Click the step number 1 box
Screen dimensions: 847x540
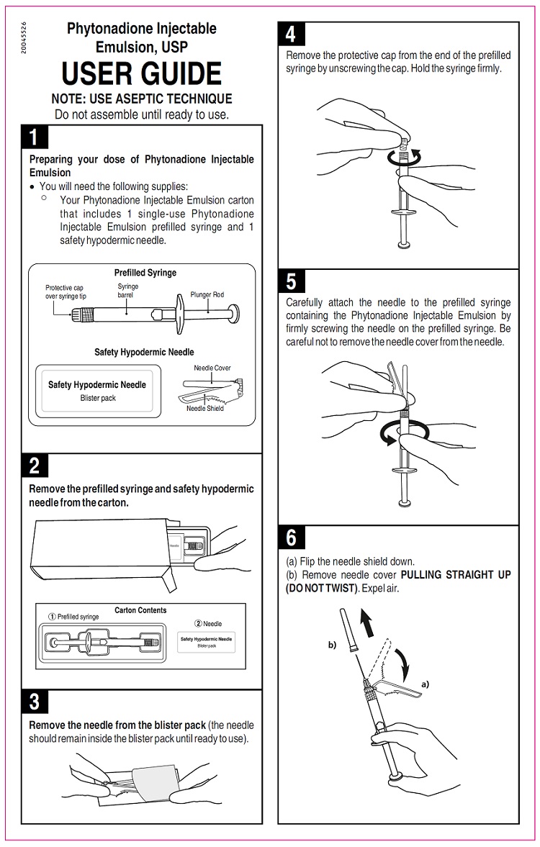[35, 137]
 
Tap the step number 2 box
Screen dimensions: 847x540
[35, 466]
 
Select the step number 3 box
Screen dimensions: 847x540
[35, 700]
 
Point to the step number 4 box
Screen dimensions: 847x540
[291, 34]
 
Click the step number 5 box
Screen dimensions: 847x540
[291, 281]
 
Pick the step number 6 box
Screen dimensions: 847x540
[291, 537]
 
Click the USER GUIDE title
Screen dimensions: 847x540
[142, 74]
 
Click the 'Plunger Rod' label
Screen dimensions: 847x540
[207, 294]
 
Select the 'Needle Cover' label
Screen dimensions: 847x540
[212, 368]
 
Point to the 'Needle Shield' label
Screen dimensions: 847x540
[205, 408]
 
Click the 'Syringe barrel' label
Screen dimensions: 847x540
[128, 291]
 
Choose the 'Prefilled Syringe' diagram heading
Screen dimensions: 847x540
[145, 273]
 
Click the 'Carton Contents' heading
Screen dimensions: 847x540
[140, 610]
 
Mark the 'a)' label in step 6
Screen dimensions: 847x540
[425, 684]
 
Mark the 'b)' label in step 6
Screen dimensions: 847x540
[333, 646]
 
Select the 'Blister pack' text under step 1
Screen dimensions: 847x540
[98, 398]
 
